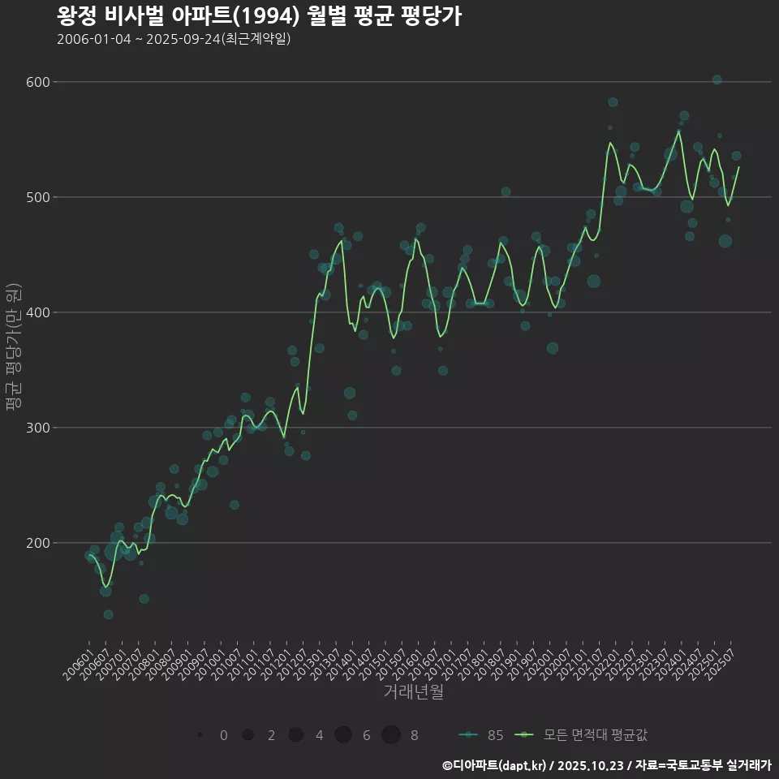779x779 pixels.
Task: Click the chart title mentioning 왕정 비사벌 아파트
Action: coord(259,16)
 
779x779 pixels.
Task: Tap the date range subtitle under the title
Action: coord(174,39)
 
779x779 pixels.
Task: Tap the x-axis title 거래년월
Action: coord(413,692)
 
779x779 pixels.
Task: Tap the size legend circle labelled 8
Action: coord(391,734)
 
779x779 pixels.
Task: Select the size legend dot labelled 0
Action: coord(200,735)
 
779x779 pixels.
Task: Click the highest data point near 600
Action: coord(717,80)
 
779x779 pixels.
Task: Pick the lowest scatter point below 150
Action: coord(108,614)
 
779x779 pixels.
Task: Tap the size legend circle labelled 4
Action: coord(295,734)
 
